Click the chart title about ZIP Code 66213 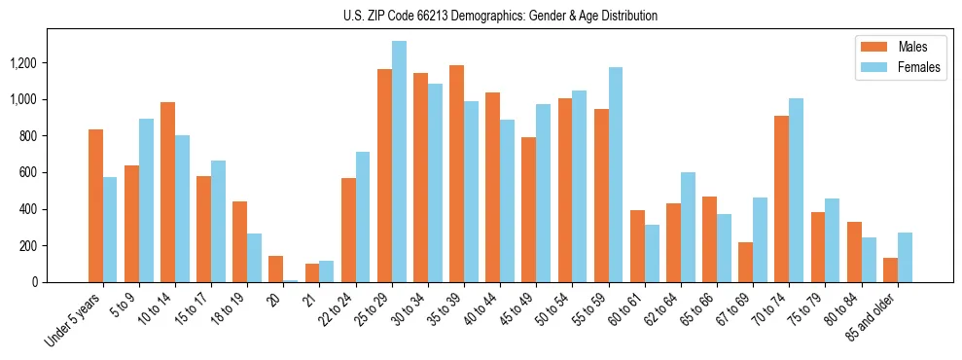(500, 16)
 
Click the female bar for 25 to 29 (399, 162)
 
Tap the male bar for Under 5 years (95, 205)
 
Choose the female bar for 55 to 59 (616, 174)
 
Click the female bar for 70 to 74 (796, 190)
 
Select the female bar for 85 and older (905, 257)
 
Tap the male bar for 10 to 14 (167, 192)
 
